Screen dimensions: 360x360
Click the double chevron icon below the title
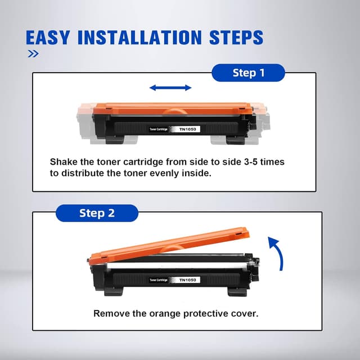coord(33,54)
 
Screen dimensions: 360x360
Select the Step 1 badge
coord(248,73)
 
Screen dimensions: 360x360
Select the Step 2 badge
coord(97,213)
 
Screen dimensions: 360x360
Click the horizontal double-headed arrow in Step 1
coord(170,88)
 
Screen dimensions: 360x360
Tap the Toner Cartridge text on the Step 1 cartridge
coord(159,129)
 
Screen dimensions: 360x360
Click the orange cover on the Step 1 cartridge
coord(172,108)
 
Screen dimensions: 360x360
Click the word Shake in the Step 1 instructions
coord(64,162)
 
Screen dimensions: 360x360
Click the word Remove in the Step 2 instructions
coord(111,313)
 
